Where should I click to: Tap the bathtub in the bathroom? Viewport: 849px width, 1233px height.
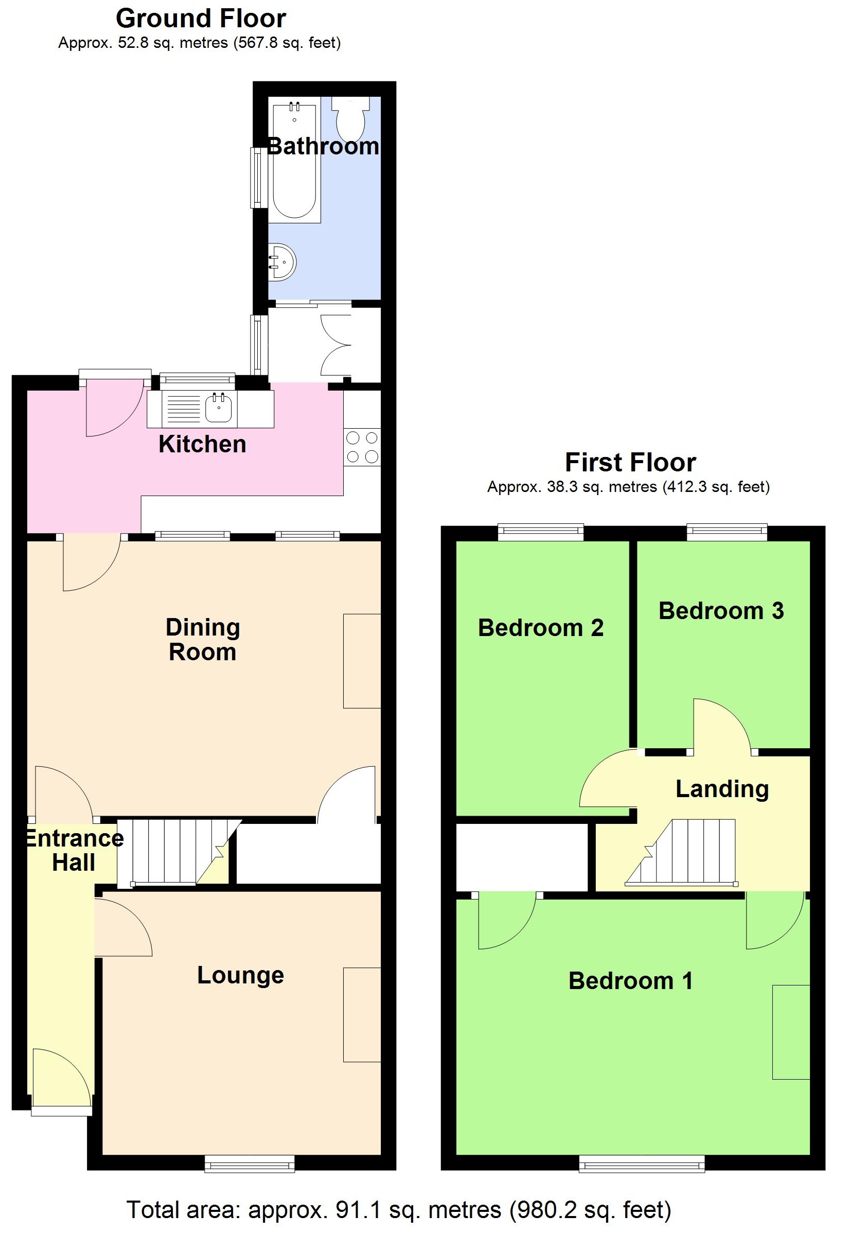coord(294,162)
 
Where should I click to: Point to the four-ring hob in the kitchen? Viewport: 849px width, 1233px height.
coord(362,447)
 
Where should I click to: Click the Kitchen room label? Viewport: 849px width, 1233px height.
coord(202,444)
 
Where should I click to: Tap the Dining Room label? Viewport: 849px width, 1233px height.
coord(203,639)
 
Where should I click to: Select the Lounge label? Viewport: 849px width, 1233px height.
coord(240,975)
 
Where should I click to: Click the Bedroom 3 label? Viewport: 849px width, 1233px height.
coord(721,610)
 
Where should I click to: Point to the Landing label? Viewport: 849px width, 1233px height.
coord(722,788)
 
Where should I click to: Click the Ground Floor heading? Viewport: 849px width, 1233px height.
coord(201,19)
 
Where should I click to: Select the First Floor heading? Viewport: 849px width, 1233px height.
coord(630,462)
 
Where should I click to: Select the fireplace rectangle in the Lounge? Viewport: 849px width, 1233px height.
coord(362,1014)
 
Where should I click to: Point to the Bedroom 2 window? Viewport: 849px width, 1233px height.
coord(540,532)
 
